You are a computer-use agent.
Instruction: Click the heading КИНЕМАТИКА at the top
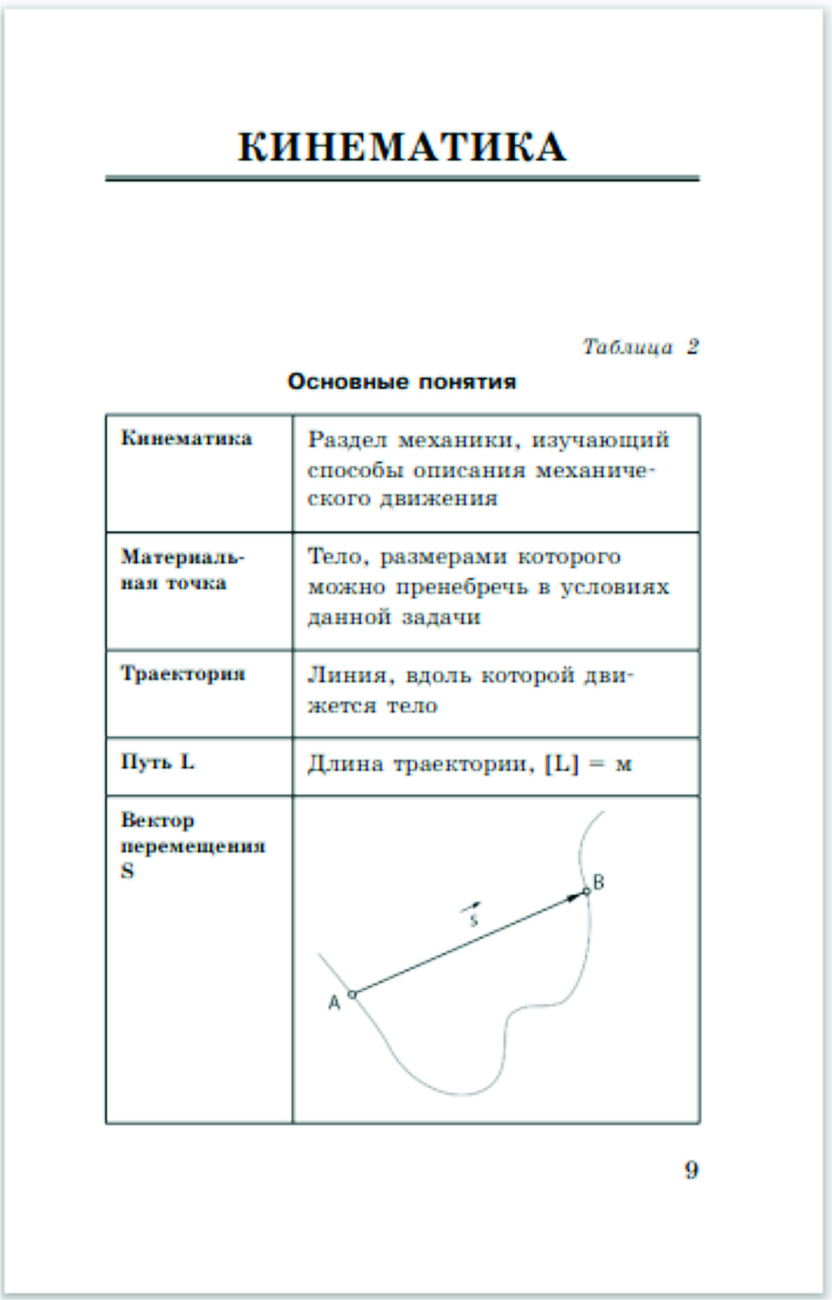(402, 147)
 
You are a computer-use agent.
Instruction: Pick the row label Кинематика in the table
(186, 438)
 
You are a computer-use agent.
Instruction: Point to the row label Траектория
(183, 674)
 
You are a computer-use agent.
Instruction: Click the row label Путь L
(157, 762)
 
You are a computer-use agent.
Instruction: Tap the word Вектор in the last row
(157, 820)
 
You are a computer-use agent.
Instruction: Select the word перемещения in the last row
(193, 846)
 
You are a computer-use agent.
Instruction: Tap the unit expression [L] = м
(588, 764)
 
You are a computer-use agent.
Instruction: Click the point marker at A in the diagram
(353, 994)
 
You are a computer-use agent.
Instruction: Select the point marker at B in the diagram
(587, 891)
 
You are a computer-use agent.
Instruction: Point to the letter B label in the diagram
(599, 882)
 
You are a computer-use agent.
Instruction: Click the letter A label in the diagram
(334, 1003)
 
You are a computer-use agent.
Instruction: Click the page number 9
(691, 1170)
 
